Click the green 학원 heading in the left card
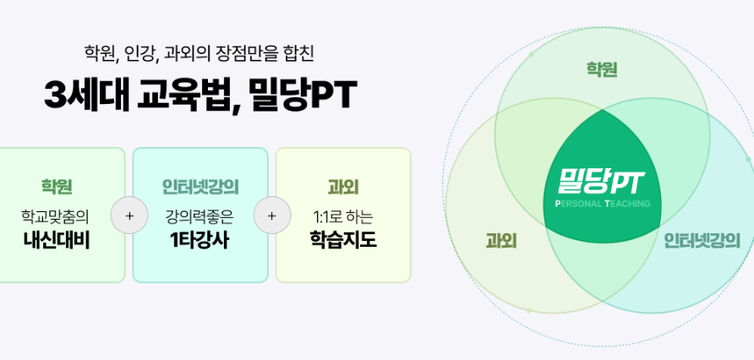click(57, 187)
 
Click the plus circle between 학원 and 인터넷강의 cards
click(129, 215)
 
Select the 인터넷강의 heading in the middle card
click(200, 187)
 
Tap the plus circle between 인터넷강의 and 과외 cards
click(272, 215)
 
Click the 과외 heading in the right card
click(343, 187)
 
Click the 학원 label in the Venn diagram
click(602, 69)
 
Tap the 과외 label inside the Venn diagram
click(501, 242)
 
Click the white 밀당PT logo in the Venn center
click(602, 181)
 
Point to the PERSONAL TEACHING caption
click(602, 204)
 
